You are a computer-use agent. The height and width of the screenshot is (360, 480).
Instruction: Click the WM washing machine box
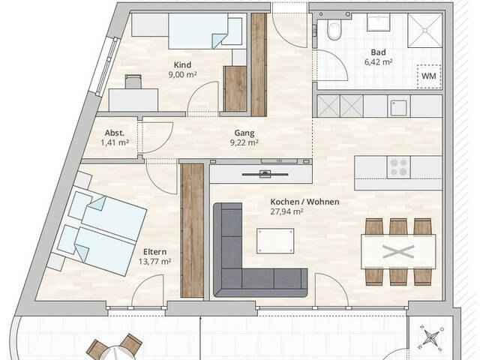pos(429,76)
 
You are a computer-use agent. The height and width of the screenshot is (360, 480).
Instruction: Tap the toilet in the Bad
pos(333,29)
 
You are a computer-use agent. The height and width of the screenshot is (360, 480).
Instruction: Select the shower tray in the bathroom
pos(425,30)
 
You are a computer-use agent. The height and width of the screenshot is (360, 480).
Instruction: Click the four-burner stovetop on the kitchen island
pos(399,167)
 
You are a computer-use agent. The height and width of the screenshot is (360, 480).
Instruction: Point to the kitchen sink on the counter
pos(399,106)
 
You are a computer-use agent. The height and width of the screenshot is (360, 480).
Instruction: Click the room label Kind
pos(182,65)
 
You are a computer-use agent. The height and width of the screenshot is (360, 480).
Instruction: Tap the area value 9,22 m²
pos(244,142)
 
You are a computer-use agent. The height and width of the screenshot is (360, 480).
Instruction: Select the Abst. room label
pos(115,133)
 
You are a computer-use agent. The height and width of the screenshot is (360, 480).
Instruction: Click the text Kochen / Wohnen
pos(304,202)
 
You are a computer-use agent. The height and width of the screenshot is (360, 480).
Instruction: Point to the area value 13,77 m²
pos(154,262)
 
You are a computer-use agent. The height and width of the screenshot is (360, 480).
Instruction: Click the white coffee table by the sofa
pos(275,241)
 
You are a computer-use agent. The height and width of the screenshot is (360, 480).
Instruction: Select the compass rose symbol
pos(431,338)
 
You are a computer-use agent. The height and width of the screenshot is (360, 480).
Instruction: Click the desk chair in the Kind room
pos(133,82)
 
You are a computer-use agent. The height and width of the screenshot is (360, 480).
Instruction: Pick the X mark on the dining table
pos(398,252)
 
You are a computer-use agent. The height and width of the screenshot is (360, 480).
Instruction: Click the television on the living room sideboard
pos(265,174)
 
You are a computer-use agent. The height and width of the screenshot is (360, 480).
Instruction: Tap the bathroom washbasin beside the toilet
pos(378,22)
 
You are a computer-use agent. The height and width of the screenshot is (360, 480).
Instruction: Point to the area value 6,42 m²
pos(378,62)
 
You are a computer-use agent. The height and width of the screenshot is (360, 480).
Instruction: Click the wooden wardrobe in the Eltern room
pos(192,230)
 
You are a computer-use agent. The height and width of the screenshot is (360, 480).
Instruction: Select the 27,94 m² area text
pos(286,211)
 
